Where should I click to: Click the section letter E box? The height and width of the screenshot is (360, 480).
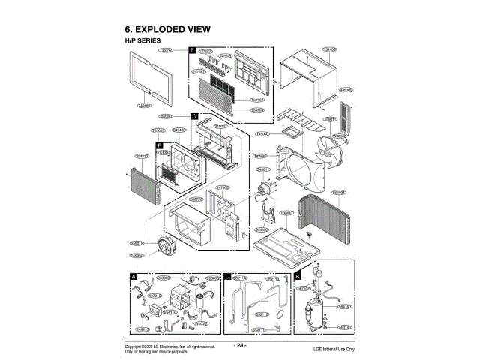tap(193, 50)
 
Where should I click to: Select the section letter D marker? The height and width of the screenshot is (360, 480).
tap(193, 118)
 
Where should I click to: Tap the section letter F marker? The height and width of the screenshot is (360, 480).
tap(159, 144)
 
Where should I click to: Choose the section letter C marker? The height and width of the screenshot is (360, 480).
tap(227, 276)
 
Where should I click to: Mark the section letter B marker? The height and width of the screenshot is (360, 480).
tap(297, 265)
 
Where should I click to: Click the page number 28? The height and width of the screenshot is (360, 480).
tap(240, 345)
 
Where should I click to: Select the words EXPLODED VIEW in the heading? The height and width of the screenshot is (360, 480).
tap(179, 28)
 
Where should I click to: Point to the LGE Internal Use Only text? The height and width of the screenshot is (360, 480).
tap(334, 349)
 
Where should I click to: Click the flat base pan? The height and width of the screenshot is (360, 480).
tap(285, 244)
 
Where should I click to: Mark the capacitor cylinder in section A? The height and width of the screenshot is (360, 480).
tap(202, 302)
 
